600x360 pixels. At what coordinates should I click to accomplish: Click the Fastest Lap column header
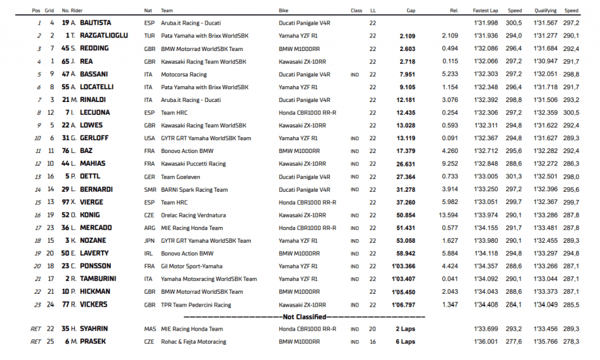[486, 11]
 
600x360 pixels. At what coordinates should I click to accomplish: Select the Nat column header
[148, 11]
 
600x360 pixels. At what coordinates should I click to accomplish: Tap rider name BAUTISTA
[96, 23]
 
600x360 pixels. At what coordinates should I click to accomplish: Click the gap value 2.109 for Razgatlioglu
[407, 36]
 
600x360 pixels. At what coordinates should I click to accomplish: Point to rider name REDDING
[94, 49]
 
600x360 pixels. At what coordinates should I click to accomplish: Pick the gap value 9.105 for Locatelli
[407, 87]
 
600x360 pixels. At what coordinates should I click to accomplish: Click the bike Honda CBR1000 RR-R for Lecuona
[307, 113]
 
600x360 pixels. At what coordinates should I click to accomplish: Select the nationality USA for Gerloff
[149, 138]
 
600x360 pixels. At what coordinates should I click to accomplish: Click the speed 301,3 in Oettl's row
[515, 176]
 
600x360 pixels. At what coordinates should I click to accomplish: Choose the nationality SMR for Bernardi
[149, 189]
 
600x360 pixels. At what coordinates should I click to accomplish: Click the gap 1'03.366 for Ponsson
[405, 266]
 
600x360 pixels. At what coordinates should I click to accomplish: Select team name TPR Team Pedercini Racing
[196, 305]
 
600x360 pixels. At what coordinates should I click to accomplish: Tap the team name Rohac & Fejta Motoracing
[194, 342]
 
